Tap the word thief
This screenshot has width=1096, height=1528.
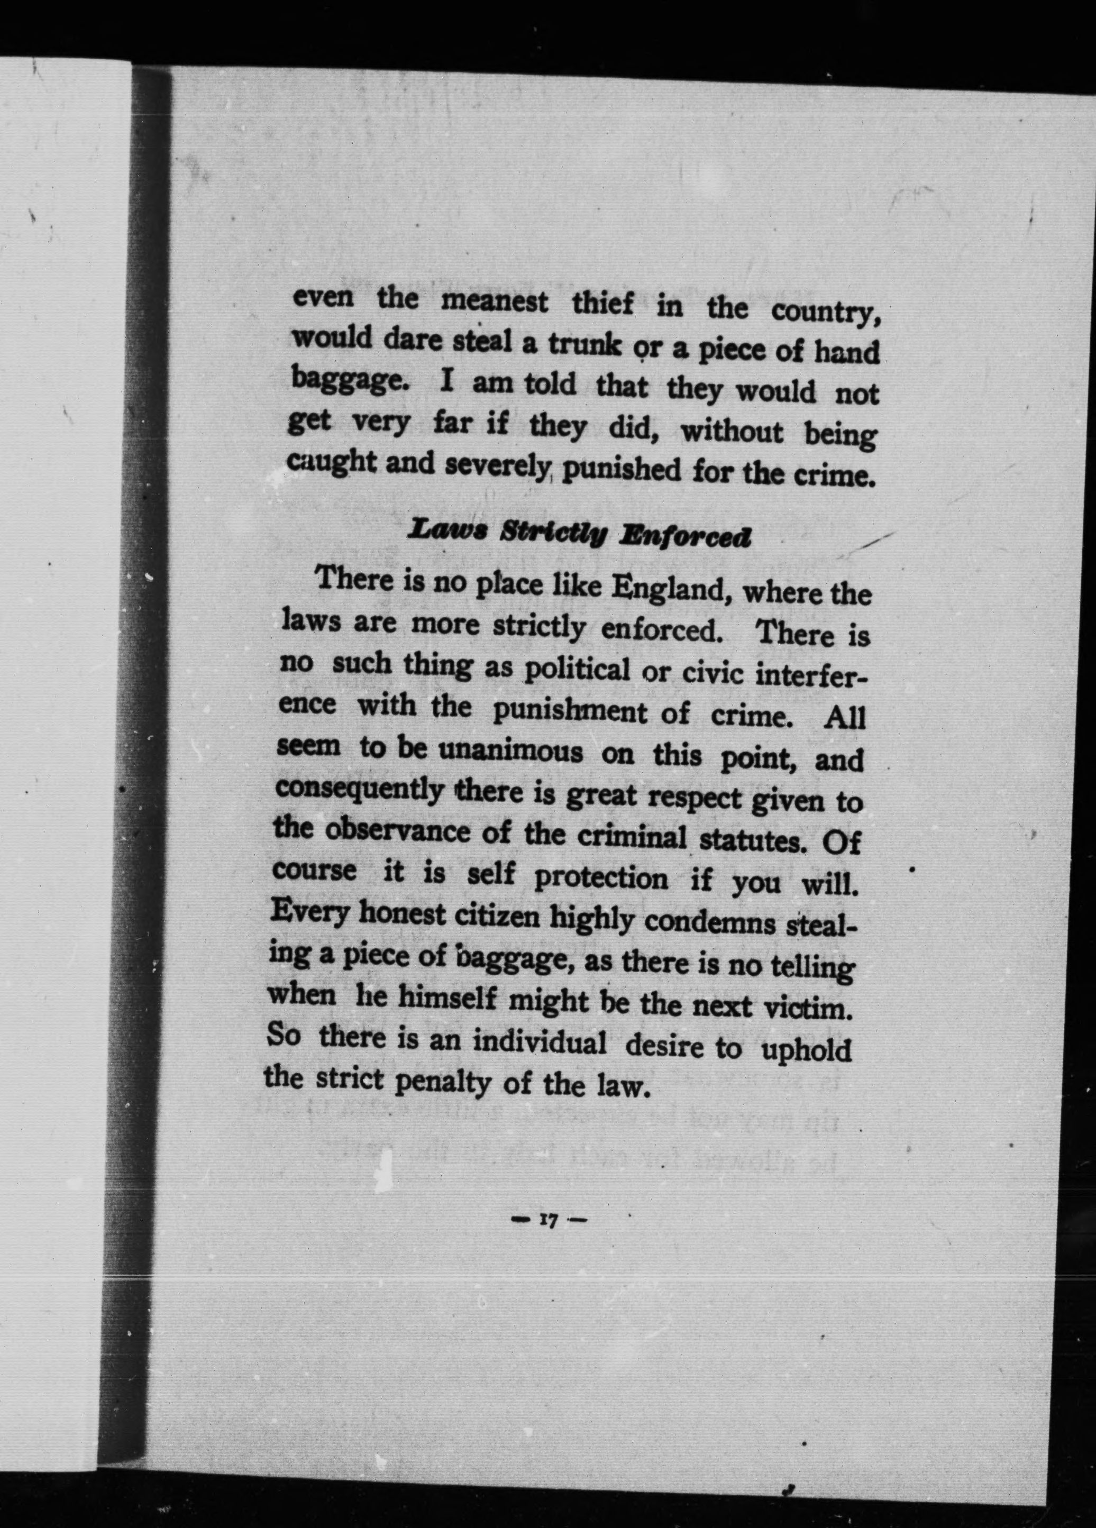(x=603, y=305)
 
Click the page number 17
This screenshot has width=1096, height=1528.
(x=547, y=1220)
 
